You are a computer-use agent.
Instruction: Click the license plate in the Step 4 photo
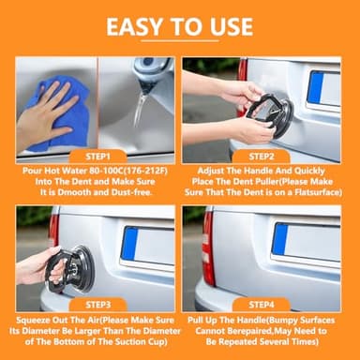click(x=305, y=240)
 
